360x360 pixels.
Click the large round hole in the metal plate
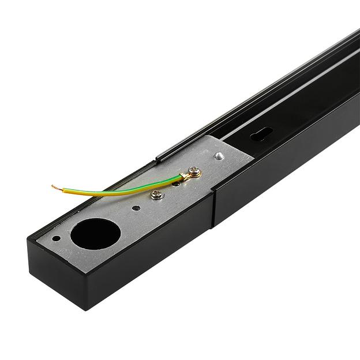coord(96,234)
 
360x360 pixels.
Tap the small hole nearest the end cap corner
coord(56,238)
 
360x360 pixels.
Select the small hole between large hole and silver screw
coord(135,208)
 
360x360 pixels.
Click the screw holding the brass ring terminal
coord(194,171)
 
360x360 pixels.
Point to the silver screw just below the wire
coord(156,194)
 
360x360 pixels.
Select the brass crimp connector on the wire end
coord(183,176)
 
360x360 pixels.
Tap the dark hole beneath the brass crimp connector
coord(177,183)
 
